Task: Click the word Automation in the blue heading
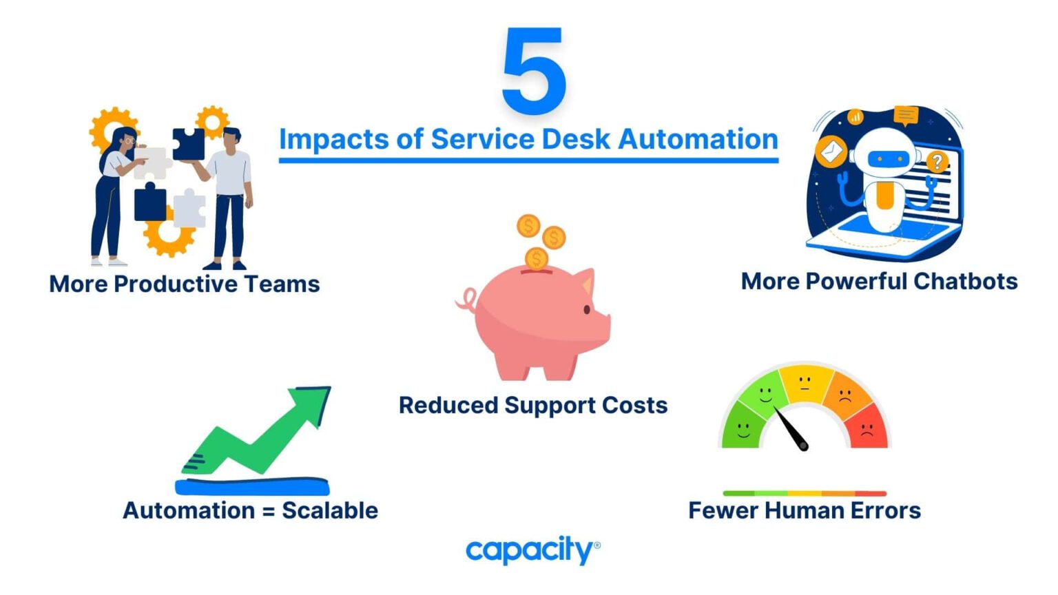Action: click(698, 139)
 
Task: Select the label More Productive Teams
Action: click(185, 284)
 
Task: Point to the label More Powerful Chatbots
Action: click(879, 281)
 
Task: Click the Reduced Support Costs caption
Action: click(533, 405)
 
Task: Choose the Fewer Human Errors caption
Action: click(805, 510)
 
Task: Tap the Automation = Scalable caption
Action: click(250, 510)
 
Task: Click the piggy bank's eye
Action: click(587, 310)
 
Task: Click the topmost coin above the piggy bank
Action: click(529, 226)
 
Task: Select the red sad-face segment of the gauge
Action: click(867, 428)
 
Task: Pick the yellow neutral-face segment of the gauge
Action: click(805, 382)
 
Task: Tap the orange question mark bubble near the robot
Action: click(936, 163)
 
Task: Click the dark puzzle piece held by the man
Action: click(188, 144)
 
